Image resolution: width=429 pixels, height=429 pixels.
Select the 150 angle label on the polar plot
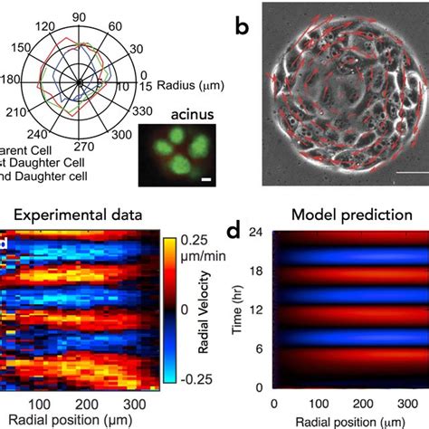coord(17,49)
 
